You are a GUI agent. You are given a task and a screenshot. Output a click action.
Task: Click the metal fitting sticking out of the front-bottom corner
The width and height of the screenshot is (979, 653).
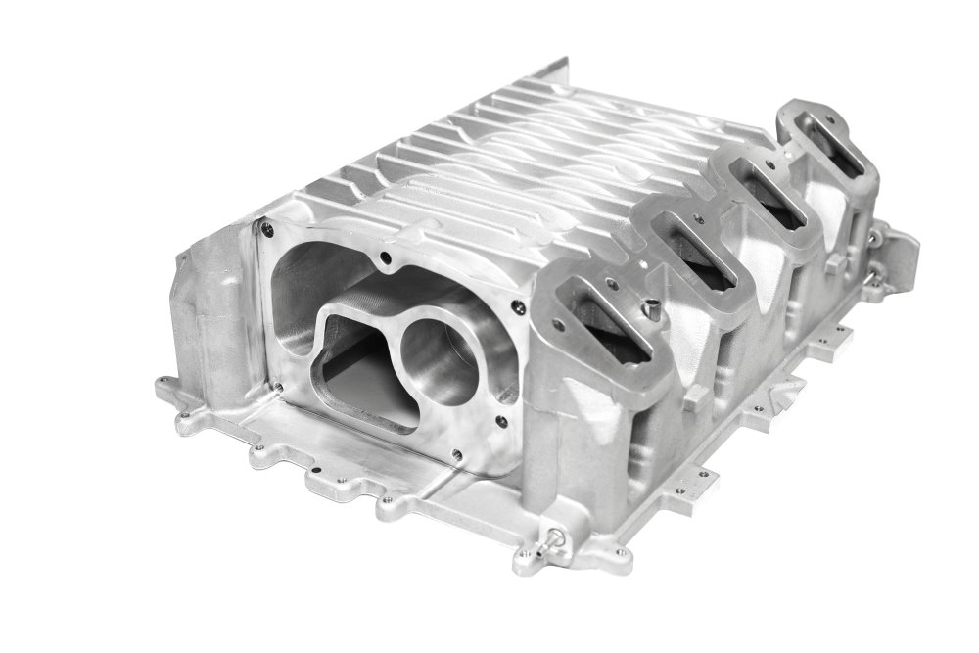point(556,536)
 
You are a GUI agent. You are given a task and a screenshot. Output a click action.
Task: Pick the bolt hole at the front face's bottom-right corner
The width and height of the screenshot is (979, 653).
point(455,454)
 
